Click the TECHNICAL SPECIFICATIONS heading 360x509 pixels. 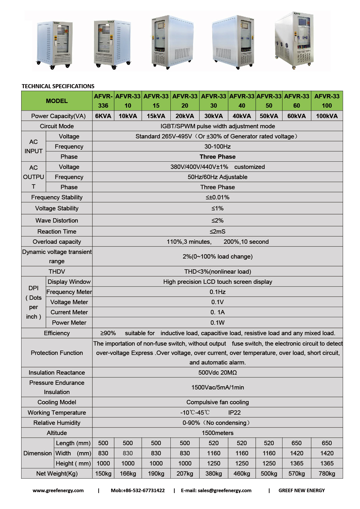coord(58,86)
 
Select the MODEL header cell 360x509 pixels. coord(57,101)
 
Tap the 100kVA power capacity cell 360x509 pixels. coord(327,116)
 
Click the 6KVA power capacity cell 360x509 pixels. coord(103,116)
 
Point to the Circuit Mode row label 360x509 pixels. coord(57,126)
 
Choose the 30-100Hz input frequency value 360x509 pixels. coord(217,147)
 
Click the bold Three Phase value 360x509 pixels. coord(217,157)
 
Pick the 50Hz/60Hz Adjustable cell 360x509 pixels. coord(217,177)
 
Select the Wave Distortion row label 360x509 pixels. coord(57,221)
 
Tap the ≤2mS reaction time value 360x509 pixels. coord(217,232)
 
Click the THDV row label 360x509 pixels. coord(57,272)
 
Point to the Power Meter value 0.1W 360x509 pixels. coord(217,323)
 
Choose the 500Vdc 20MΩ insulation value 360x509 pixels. coord(217,373)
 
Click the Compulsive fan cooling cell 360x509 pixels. coord(217,402)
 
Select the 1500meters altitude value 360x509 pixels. coord(217,433)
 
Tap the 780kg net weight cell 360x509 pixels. coord(327,474)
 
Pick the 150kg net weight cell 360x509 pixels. coord(103,474)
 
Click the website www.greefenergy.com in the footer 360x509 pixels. coord(58,490)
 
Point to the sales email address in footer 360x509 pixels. coord(216,490)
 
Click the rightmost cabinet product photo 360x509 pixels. coord(295,41)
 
